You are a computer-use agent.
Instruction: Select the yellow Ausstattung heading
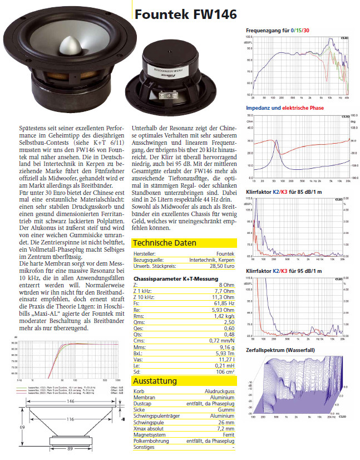point(155,381)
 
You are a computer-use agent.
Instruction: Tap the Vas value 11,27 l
point(227,360)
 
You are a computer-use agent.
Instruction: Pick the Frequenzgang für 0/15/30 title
point(278,31)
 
